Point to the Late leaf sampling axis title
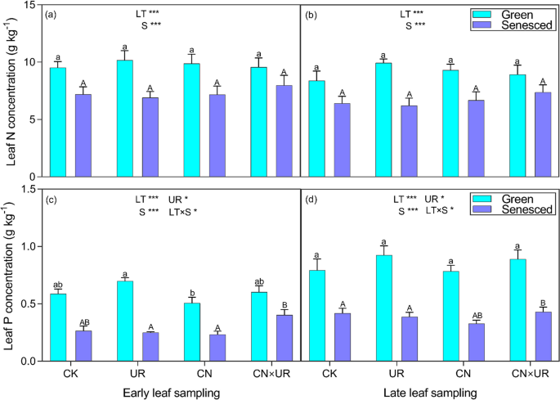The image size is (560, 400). (429, 393)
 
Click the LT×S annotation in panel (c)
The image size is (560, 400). (182, 212)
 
